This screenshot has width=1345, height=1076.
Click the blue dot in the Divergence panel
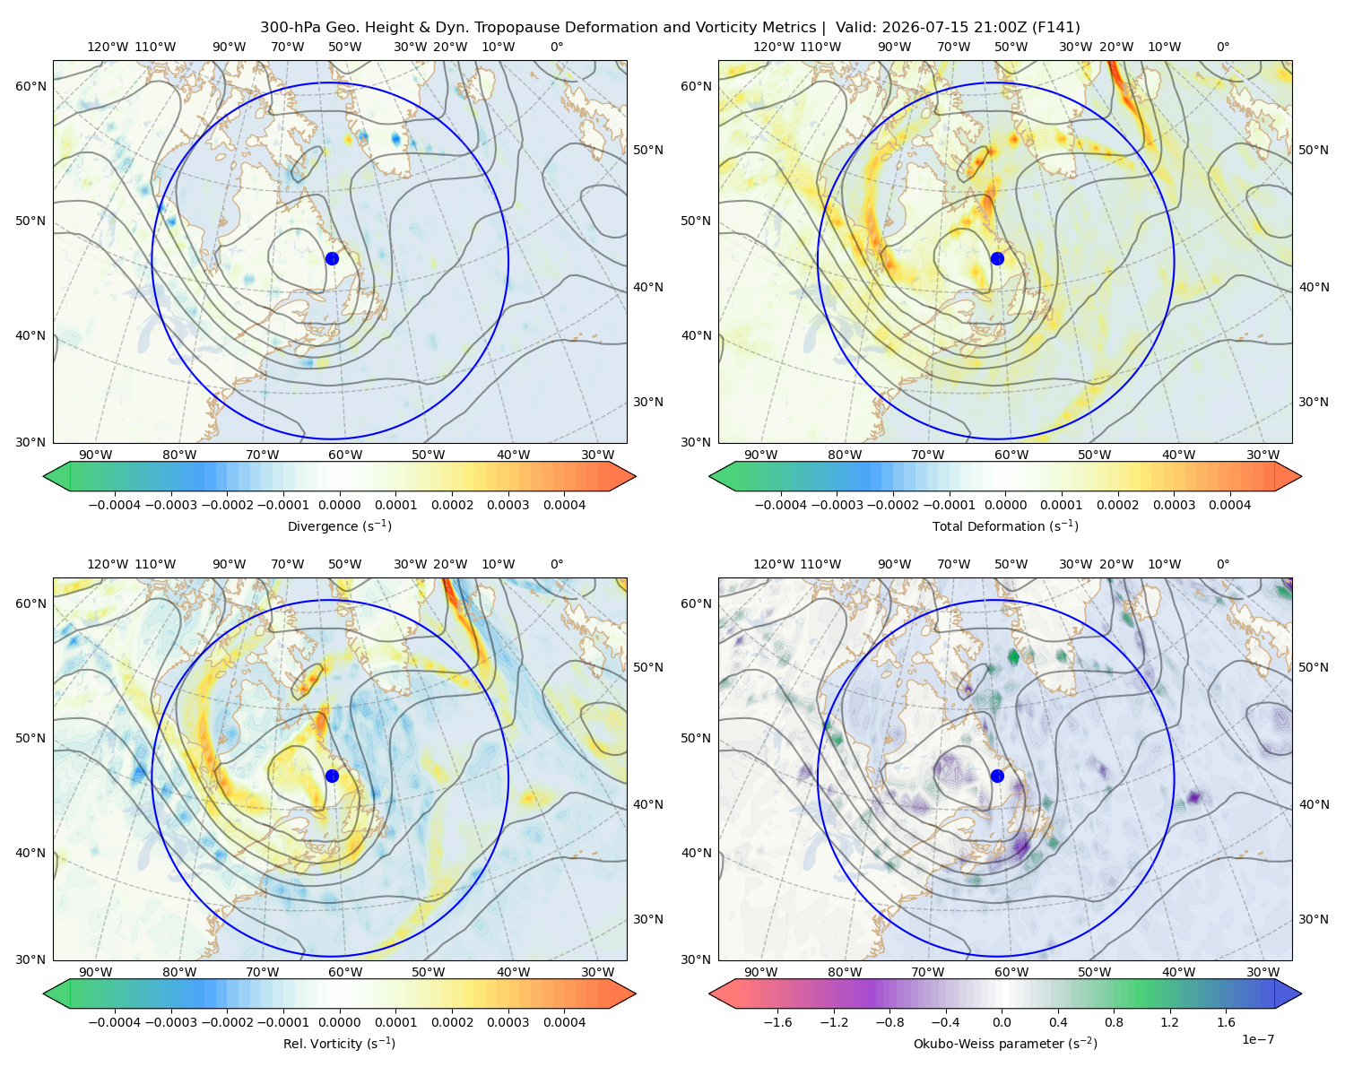[x=332, y=258]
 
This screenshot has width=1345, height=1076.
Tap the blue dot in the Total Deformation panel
[x=997, y=258]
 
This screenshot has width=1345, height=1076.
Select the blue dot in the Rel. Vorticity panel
[x=332, y=776]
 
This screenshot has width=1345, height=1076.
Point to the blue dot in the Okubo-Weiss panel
[x=997, y=776]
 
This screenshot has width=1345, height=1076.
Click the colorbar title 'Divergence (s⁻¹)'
[x=339, y=525]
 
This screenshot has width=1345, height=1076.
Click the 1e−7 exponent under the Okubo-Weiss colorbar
[x=1257, y=1039]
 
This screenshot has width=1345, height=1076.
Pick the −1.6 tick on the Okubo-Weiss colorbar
[x=777, y=1021]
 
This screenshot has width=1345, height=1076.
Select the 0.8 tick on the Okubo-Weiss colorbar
[x=1114, y=1021]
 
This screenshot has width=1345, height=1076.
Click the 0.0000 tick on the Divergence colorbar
[x=339, y=505]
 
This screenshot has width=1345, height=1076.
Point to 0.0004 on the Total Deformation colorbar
[x=1229, y=505]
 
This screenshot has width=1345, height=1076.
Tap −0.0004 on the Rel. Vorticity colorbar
[x=115, y=1021]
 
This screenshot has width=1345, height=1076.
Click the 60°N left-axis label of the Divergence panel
[x=30, y=86]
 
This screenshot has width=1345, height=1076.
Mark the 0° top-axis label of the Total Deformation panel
[x=1223, y=47]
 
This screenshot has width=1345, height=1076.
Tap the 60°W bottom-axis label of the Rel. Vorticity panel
[x=345, y=972]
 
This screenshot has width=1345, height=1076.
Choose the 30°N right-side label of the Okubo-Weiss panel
[x=1313, y=918]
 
